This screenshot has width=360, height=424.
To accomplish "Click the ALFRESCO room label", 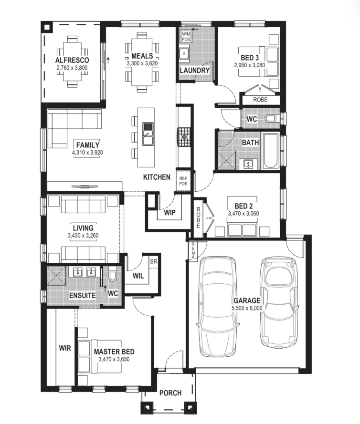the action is pos(72,60).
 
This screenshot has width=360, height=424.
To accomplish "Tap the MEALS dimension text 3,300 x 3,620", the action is pos(142,63).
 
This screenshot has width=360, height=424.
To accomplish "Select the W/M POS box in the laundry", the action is pos(186,37).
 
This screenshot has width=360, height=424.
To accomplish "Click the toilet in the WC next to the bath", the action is pos(270,118).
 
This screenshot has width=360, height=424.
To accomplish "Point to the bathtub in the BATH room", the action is pos(271,150).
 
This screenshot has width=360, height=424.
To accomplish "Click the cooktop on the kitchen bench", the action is pos(184,137).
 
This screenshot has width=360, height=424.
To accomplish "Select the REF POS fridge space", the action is pos(183,181).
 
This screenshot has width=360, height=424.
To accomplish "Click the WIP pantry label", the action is pos(169,213).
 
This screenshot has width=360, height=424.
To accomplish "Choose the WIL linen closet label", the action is pos(138,276).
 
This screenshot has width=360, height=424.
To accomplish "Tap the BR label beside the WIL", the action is pos(153,261).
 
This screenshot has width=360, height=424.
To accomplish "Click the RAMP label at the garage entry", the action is pos(193,251).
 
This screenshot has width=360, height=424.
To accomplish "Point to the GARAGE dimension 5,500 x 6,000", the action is pos(247,308).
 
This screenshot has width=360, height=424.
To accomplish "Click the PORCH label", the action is pos(170,393).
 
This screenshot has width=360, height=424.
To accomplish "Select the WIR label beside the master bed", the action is pos(65,348).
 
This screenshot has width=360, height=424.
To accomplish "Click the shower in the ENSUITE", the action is pos(56,276).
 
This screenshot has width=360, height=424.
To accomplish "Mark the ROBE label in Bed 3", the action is pos(260,100).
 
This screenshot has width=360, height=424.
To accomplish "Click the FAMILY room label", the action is pos(88,145).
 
